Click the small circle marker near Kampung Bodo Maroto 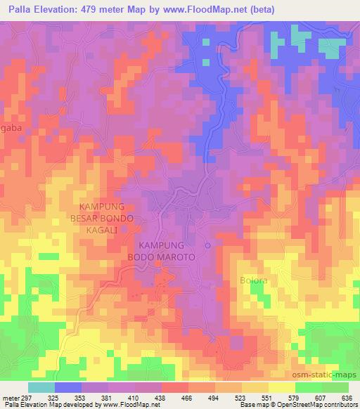[x=207, y=245]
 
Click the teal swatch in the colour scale [x=41, y=387]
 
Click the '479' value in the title [x=92, y=10]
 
